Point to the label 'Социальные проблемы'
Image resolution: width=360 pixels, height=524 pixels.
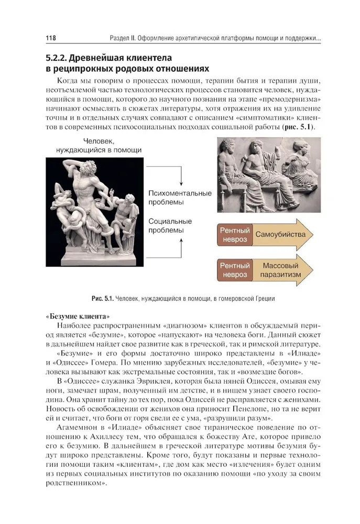pos(170,226)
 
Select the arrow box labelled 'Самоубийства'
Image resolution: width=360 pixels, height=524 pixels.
pos(282,234)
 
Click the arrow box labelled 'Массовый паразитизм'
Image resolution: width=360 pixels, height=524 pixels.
pos(282,270)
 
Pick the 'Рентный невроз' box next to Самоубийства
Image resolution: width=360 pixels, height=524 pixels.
pos(234,234)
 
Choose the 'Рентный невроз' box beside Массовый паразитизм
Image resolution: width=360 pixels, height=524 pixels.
pos(234,270)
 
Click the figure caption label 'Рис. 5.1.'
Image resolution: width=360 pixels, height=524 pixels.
pos(102,298)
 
